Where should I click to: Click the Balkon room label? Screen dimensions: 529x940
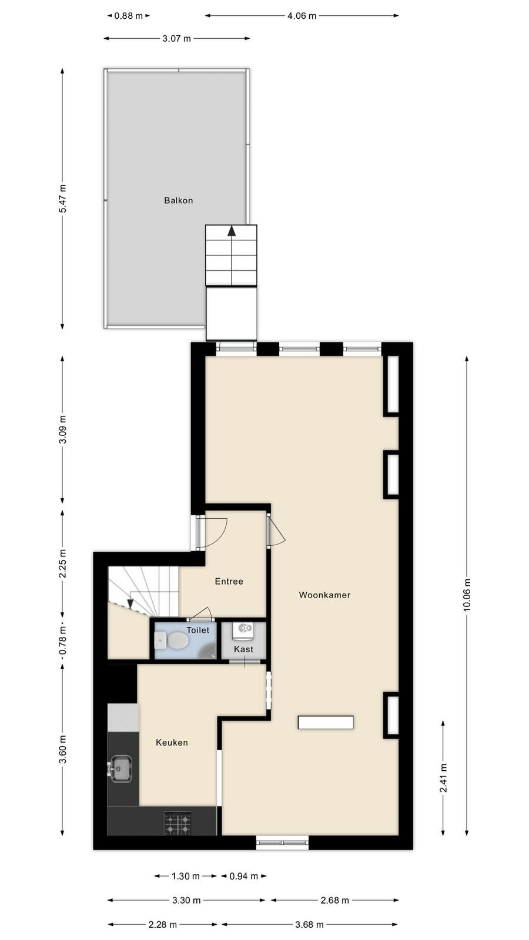179,200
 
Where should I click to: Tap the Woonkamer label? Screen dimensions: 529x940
324,595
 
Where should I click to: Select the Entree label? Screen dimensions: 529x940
229,581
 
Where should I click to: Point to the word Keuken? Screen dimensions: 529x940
172,743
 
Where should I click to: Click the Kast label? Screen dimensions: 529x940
243,649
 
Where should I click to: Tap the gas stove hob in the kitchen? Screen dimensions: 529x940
178,822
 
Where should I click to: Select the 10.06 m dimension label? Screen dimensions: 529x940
467,595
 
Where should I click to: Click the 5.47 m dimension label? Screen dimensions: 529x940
62,199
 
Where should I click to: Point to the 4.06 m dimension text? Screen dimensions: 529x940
302,16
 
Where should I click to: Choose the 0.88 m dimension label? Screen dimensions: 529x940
129,16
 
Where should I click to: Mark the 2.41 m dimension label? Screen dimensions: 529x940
443,778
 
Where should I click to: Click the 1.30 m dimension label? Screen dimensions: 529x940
186,876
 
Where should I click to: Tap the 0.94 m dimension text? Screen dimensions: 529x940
244,876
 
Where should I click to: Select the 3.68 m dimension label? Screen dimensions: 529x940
309,925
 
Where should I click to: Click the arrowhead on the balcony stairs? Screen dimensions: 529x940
232,231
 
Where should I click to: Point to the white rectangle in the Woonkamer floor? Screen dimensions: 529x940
326,722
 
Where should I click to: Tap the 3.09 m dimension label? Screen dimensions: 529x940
62,429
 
